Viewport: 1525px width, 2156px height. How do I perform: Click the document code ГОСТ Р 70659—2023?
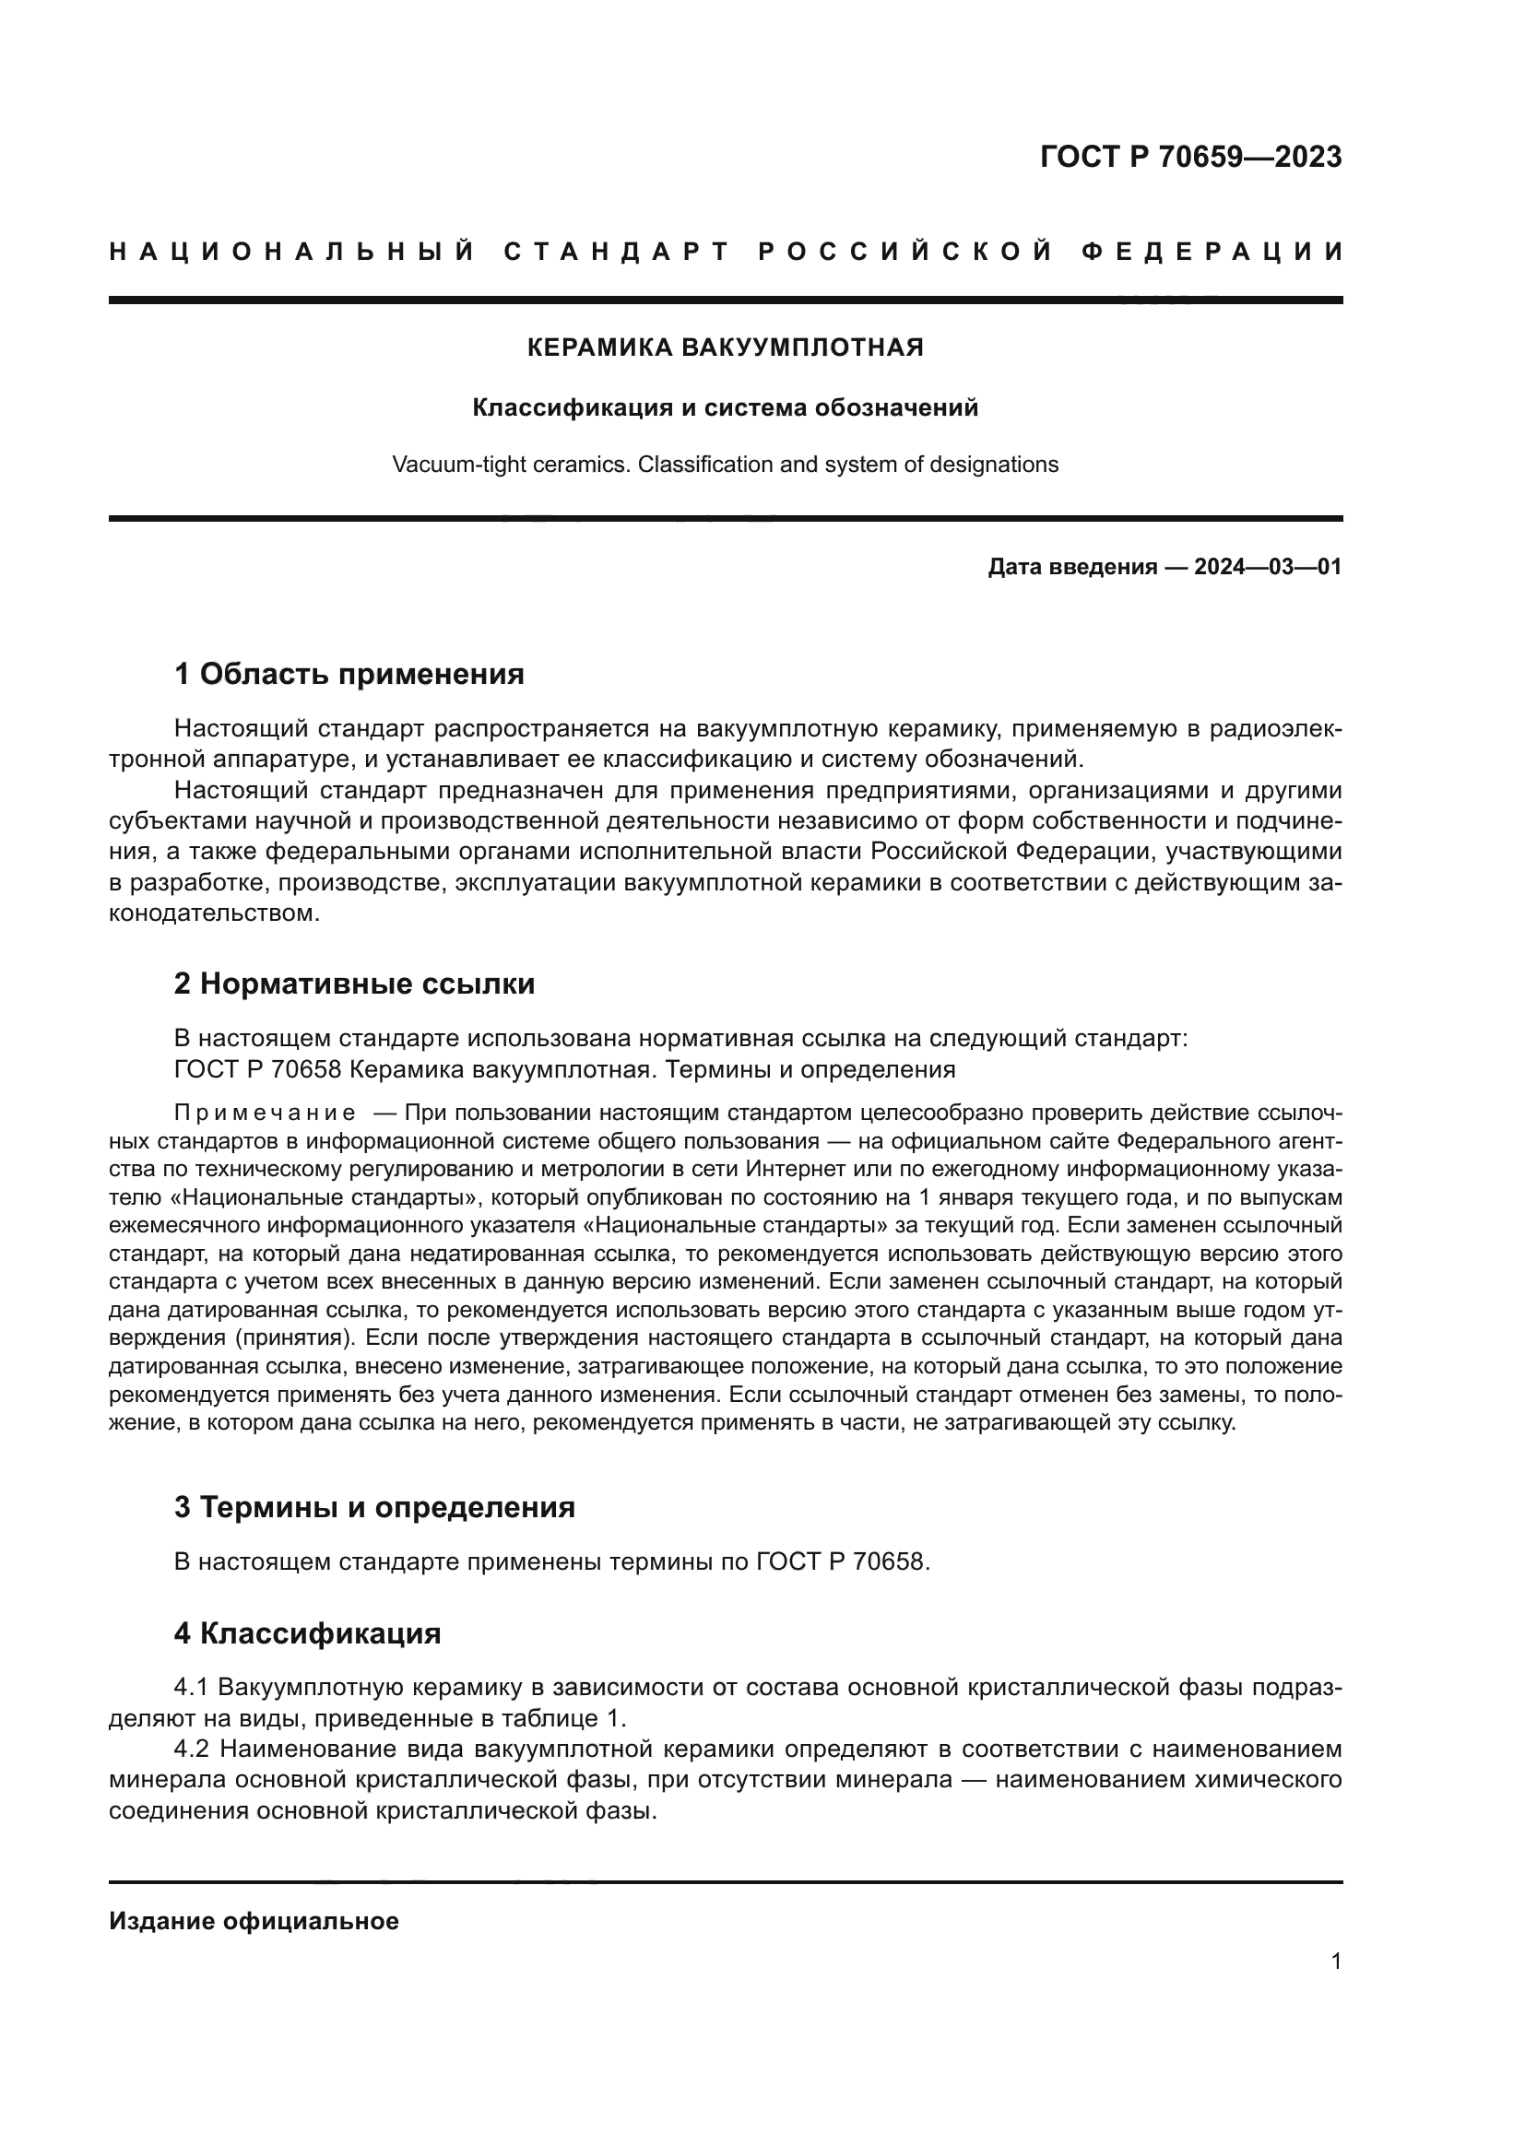click(x=1189, y=158)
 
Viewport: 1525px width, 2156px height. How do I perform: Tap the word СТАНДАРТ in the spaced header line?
click(x=616, y=252)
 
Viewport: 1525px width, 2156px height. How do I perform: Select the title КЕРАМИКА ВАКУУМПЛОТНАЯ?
click(x=725, y=348)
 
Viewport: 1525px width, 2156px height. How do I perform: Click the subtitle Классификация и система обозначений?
click(x=725, y=407)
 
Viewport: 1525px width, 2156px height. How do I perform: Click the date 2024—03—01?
click(x=1267, y=567)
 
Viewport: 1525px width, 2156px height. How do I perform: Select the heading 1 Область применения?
click(x=349, y=674)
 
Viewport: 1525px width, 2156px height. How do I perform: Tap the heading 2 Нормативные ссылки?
click(x=354, y=984)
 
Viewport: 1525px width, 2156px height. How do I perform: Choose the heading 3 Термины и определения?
click(x=373, y=1508)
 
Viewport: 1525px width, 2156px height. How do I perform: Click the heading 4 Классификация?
click(x=307, y=1634)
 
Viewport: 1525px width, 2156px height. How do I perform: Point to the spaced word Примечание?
click(x=265, y=1114)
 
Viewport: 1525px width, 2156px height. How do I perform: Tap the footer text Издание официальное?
click(x=254, y=1922)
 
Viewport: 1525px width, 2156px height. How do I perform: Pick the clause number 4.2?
click(x=192, y=1750)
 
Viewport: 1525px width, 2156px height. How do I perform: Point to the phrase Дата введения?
click(x=1071, y=567)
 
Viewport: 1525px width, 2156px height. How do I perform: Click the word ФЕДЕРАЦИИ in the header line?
click(x=1211, y=252)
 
